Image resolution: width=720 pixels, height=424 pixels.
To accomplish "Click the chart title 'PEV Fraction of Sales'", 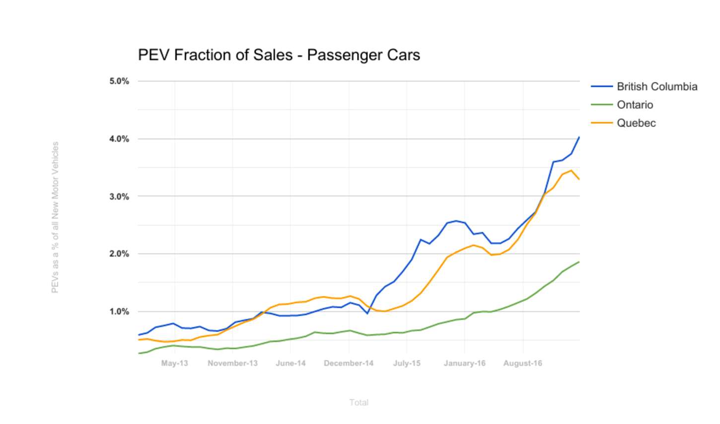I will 279,55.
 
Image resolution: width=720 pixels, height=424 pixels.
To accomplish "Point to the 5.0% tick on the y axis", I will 119,81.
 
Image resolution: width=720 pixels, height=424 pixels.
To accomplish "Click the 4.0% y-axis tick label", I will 119,139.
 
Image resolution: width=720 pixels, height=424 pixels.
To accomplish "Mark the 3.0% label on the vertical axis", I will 119,197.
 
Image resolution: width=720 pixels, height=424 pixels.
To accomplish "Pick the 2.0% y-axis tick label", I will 119,254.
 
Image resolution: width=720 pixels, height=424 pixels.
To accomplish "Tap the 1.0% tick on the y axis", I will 119,312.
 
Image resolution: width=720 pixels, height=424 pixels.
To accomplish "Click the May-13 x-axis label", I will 174,363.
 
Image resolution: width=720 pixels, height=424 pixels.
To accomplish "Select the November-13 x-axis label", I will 232,363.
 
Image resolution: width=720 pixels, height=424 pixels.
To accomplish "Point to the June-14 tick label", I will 290,363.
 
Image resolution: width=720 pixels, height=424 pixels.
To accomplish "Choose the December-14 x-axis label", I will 349,363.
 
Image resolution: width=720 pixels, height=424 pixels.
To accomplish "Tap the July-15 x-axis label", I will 407,363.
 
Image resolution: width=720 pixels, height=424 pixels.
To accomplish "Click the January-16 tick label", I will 465,363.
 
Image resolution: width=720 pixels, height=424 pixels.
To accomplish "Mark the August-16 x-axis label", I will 523,363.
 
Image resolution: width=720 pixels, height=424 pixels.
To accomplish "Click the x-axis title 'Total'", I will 359,403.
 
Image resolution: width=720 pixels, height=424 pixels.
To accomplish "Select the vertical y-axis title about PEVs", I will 55,217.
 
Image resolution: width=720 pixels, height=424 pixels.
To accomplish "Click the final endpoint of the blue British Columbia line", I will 579,137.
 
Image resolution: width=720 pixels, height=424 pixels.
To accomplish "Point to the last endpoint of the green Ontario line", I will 579,262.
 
